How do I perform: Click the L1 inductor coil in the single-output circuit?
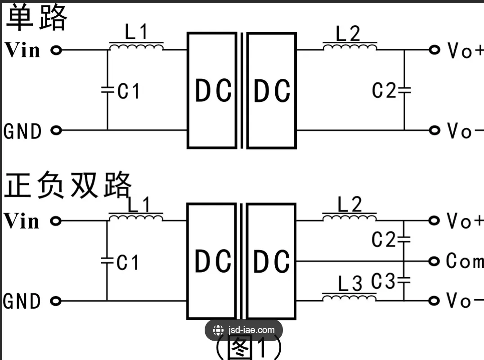click(x=136, y=47)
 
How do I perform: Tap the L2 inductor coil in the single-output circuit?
click(x=350, y=47)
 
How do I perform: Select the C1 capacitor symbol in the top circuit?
click(x=107, y=90)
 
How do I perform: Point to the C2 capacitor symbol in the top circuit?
click(x=404, y=90)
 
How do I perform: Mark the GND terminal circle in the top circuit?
click(x=56, y=130)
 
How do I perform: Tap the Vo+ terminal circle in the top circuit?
click(x=434, y=50)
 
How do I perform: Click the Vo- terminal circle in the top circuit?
click(x=434, y=130)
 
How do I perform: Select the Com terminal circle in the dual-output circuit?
click(x=434, y=261)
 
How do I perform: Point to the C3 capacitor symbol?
click(x=404, y=281)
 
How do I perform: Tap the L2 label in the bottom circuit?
click(x=350, y=205)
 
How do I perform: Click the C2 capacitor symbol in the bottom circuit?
click(x=404, y=239)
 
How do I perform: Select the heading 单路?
click(x=36, y=18)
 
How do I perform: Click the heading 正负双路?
click(x=67, y=185)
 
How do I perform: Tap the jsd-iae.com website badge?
click(x=243, y=330)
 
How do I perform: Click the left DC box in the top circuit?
click(x=212, y=90)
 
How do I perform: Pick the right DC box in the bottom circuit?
click(x=272, y=261)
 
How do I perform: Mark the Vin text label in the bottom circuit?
click(x=22, y=221)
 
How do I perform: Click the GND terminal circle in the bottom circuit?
click(x=56, y=301)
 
